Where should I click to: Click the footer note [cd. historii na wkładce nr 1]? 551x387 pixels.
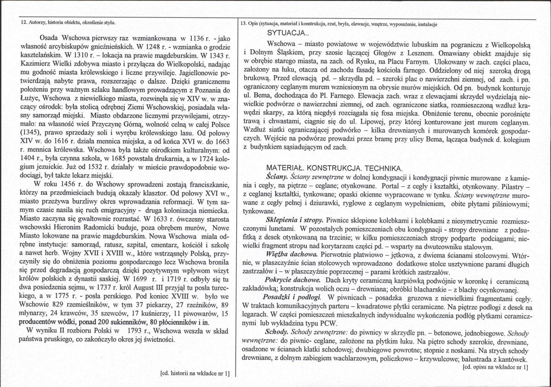point(195,373)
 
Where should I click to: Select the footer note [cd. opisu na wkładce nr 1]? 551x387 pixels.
point(494,367)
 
